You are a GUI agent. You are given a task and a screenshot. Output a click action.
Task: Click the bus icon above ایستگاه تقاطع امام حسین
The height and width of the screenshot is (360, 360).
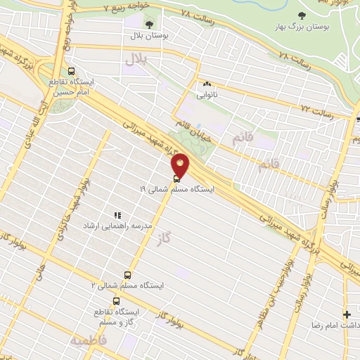[x=71, y=71]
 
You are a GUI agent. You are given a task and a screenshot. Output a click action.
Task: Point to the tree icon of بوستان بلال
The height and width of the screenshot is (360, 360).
[x=148, y=24]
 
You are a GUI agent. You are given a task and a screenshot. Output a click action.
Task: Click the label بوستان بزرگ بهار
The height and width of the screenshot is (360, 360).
[x=302, y=25]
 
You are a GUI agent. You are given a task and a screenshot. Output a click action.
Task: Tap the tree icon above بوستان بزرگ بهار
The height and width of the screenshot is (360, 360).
[x=302, y=14]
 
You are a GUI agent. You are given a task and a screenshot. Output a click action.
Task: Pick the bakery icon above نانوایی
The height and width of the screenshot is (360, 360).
[x=208, y=84]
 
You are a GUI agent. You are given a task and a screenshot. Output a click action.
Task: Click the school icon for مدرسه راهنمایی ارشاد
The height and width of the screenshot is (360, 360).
[x=118, y=215]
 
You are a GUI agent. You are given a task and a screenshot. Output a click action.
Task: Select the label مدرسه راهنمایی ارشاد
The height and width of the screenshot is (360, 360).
[x=108, y=226]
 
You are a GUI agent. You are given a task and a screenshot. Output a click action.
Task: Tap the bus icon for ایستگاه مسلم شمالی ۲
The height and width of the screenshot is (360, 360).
[x=127, y=275]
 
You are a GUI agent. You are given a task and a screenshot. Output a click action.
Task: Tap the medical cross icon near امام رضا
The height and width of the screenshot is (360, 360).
[x=346, y=314]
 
